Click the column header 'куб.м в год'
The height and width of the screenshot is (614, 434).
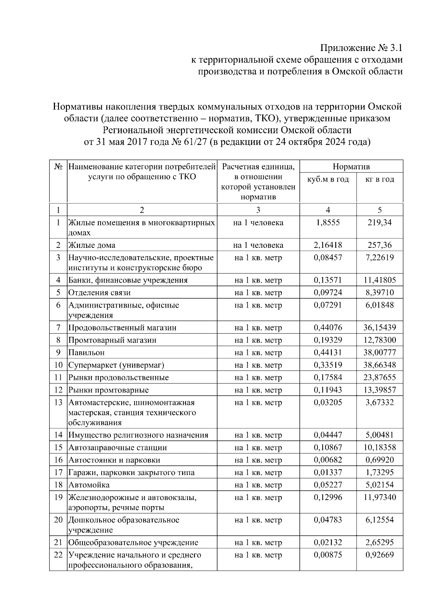point(328,179)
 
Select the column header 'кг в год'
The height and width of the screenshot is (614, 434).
point(379,179)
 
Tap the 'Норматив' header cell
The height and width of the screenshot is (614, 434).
point(351,167)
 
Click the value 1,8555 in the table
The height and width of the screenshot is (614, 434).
point(328,223)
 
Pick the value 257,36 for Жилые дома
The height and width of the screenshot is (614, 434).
point(379,245)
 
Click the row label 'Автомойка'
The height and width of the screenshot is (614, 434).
point(89,485)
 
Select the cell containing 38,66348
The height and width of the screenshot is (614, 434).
point(379,365)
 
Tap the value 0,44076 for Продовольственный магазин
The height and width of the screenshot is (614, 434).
point(328,328)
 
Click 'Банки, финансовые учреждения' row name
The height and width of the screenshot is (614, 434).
point(128,280)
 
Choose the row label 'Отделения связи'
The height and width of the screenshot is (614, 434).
point(99,293)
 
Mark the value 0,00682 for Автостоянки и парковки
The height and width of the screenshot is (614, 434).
point(328,460)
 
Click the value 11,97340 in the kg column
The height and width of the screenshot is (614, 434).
point(379,497)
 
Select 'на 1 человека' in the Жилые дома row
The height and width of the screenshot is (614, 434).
point(258,245)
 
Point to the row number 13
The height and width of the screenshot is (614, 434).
point(58,403)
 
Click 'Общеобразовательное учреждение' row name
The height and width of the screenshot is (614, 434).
point(133,543)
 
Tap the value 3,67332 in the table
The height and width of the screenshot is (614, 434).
point(379,403)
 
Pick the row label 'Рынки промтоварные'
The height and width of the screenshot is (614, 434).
point(109,390)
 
